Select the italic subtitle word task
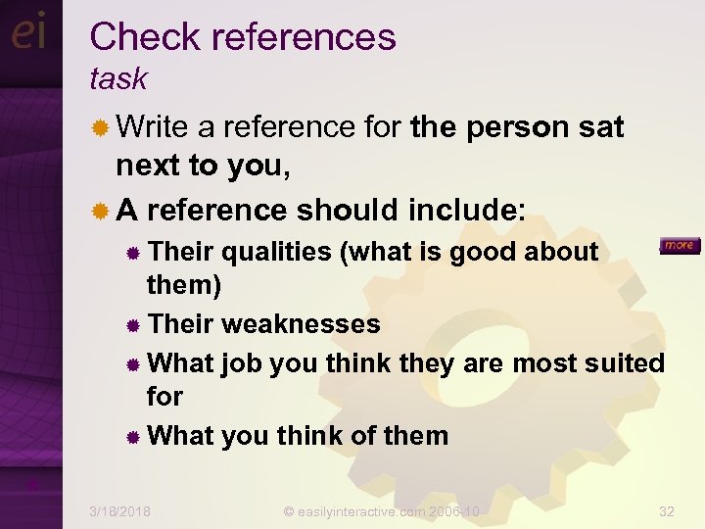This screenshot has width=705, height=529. [x=118, y=78]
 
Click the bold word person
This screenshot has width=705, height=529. [x=516, y=127]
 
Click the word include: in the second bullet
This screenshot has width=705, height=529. [x=466, y=210]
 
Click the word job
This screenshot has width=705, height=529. [x=241, y=362]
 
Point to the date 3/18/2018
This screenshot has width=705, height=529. [x=120, y=512]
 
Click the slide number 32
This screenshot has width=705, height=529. [x=667, y=512]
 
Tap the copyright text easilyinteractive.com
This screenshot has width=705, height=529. [x=381, y=512]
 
